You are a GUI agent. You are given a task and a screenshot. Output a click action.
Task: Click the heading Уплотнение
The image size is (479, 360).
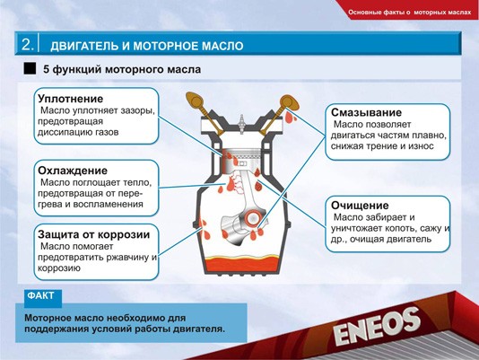[71, 98]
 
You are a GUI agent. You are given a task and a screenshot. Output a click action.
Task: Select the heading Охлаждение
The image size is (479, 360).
[73, 171]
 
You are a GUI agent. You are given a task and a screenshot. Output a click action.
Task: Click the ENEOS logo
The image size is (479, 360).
[378, 327]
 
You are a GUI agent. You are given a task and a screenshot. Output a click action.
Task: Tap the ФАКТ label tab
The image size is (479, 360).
[42, 295]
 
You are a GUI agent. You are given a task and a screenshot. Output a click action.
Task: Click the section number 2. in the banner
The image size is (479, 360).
[28, 43]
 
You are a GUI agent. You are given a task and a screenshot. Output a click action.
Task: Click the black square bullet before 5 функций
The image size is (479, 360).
[30, 68]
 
